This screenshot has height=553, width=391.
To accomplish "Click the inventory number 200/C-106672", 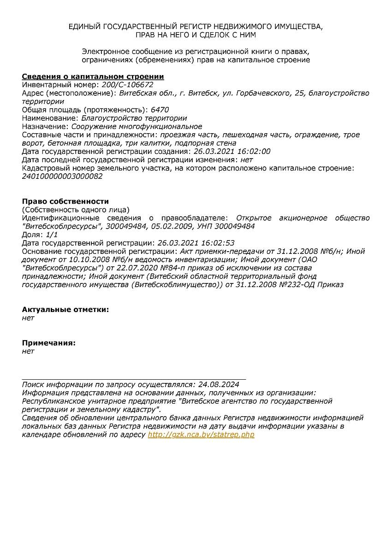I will (127, 85).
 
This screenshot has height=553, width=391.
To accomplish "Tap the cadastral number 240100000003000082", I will (62, 176).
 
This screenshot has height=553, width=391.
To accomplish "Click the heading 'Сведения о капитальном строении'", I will (93, 76).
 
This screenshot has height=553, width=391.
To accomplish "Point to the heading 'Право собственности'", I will (65, 201).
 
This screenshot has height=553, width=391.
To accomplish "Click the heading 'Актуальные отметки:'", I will (65, 310).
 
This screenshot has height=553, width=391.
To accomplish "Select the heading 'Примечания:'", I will (49, 343).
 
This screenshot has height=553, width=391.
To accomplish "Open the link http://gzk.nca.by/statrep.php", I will (201, 435).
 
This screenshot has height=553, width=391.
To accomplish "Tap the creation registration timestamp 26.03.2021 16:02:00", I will (232, 151).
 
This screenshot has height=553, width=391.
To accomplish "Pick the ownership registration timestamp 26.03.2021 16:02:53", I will (196, 243).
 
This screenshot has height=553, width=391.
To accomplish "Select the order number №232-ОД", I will (299, 284).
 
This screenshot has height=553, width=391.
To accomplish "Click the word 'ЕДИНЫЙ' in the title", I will (84, 27).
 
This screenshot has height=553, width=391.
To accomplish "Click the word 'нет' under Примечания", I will (28, 351).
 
